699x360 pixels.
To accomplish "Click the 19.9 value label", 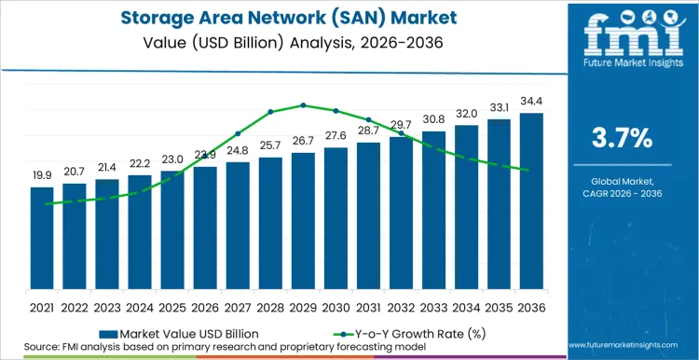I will pos(42,175).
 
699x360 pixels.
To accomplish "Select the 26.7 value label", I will pos(303,141).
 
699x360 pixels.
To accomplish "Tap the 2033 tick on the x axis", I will pos(434,307).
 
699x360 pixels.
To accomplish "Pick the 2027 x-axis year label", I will pos(238,307).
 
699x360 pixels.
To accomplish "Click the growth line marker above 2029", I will pos(303,105).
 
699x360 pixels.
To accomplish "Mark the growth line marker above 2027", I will pos(238,133).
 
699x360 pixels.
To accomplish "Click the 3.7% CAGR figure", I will pos(623,139).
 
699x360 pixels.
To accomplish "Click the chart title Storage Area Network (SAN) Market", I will pos(280,19).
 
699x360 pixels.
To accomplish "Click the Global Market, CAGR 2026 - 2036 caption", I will pos(623,187).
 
